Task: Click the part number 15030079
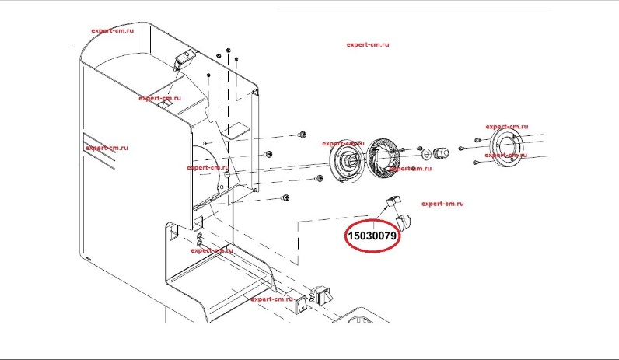372,236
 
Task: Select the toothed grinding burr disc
383,156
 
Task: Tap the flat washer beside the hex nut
426,152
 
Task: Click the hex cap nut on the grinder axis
441,152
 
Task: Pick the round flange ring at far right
506,149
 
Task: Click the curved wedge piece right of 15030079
404,222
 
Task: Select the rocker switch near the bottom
323,295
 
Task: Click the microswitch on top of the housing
184,58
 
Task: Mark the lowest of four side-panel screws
285,197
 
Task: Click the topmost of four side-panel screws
303,135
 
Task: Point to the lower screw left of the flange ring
476,162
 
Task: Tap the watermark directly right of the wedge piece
442,204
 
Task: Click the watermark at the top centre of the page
368,44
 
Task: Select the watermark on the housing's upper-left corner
112,30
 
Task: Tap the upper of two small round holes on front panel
200,236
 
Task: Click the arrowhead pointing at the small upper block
386,205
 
